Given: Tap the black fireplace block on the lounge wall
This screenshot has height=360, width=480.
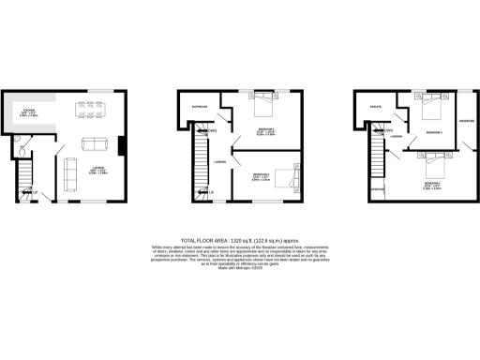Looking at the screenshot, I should (x=122, y=147).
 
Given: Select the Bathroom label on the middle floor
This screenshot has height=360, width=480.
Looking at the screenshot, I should (x=199, y=108).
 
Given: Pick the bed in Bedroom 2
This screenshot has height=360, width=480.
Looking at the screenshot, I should (x=264, y=103).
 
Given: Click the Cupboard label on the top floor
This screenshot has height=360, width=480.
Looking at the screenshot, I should (x=379, y=190).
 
